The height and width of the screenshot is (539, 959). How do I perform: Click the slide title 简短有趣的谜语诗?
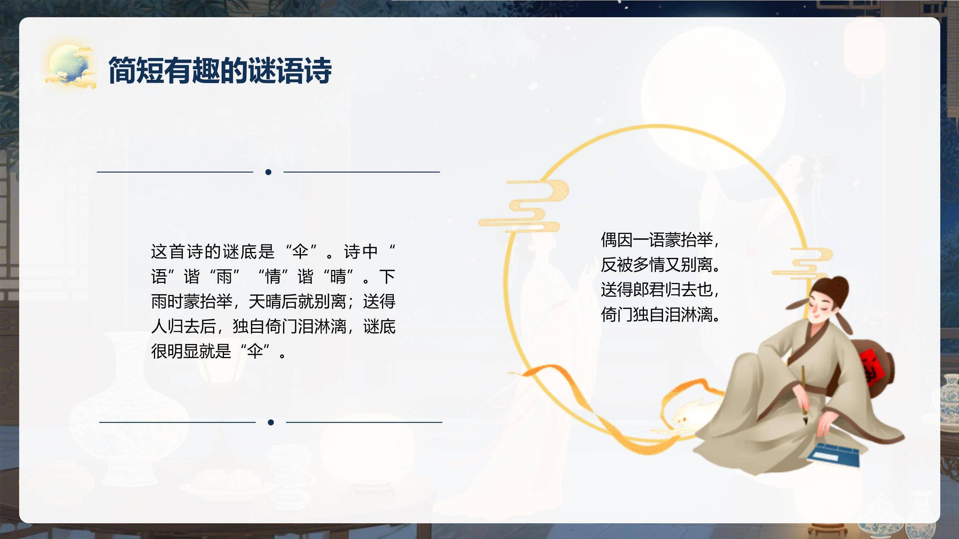click(x=220, y=70)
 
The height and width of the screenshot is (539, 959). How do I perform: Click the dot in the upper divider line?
click(x=268, y=172)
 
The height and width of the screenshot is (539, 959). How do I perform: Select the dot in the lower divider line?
click(x=271, y=423)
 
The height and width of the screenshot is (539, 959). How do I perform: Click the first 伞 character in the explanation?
click(x=300, y=252)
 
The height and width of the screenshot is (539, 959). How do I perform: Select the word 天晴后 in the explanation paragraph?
click(x=273, y=302)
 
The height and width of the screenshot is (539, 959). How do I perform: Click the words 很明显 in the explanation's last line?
click(x=175, y=351)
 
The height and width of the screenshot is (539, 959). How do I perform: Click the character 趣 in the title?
click(x=206, y=70)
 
